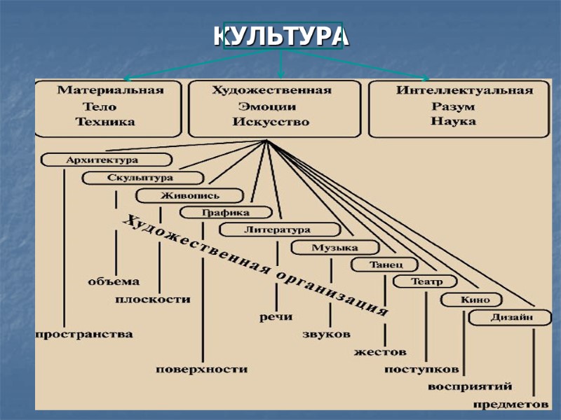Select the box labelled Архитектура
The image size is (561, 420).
(107, 160)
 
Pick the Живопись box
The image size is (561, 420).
(189, 196)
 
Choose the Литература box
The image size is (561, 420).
(279, 230)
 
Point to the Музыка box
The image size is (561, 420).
(335, 248)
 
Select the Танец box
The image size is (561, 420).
(384, 265)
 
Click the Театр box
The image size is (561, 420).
(425, 282)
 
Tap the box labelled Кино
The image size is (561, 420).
(471, 300)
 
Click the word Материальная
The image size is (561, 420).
(110, 90)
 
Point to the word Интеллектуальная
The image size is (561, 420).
(464, 90)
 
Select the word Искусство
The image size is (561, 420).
(271, 122)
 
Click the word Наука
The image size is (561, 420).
(453, 121)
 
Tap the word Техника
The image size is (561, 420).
(105, 122)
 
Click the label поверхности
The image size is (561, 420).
(201, 369)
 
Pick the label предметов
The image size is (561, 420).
(510, 404)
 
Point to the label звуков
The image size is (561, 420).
(326, 335)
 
